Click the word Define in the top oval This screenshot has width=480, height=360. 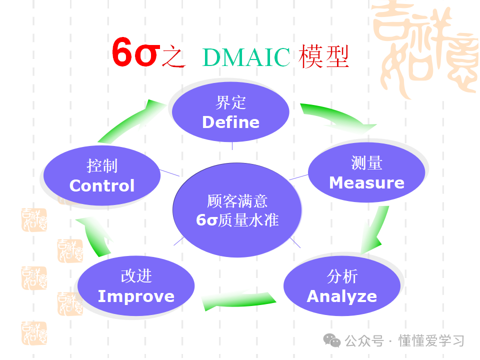(230, 122)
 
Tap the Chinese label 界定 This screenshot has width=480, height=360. (230, 103)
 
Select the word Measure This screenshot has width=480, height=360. (366, 182)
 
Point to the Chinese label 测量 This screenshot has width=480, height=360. (366, 163)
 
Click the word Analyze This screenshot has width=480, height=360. (341, 296)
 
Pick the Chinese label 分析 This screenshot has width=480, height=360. (342, 276)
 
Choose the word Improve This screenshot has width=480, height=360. (136, 296)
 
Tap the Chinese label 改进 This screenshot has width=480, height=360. (136, 276)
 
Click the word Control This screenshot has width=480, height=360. (102, 185)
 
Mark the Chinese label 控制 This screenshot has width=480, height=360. (102, 165)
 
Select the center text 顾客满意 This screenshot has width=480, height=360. (237, 201)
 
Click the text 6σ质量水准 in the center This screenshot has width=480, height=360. (237, 220)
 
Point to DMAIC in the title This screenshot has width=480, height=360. (246, 57)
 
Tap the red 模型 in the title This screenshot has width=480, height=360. (323, 57)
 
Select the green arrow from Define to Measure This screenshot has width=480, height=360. (340, 116)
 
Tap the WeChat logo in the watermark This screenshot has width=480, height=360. (331, 340)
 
